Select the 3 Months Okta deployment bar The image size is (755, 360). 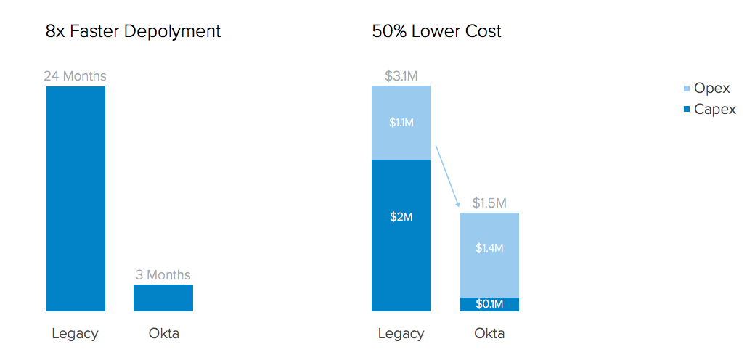[163, 298]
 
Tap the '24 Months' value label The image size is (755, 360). [75, 75]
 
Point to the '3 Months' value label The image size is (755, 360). [163, 274]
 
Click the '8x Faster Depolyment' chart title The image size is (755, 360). [133, 31]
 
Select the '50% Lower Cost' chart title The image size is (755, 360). [436, 31]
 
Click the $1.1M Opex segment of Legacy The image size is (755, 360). [401, 123]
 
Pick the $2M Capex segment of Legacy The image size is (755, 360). [401, 235]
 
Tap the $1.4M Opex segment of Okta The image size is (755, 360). [489, 255]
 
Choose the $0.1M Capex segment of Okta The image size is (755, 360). [489, 304]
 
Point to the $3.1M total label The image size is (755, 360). [401, 75]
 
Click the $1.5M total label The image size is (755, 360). [489, 202]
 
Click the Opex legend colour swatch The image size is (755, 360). [687, 89]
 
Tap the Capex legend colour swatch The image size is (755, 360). [687, 110]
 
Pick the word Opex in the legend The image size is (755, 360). [712, 89]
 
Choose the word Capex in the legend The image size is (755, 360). [715, 110]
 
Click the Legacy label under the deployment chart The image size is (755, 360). [75, 334]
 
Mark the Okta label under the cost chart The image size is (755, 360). [489, 334]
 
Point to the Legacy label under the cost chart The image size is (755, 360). [401, 334]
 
